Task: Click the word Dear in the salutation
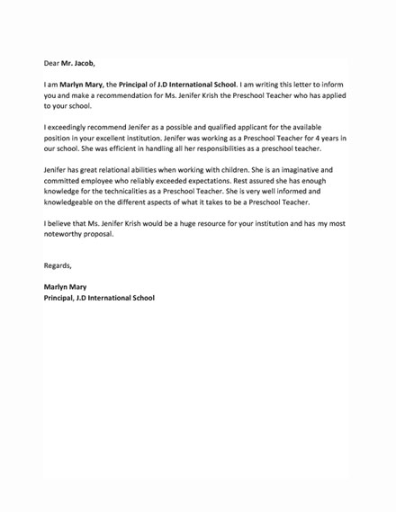pyautogui.click(x=51, y=64)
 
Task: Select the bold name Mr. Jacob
pyautogui.click(x=77, y=64)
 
